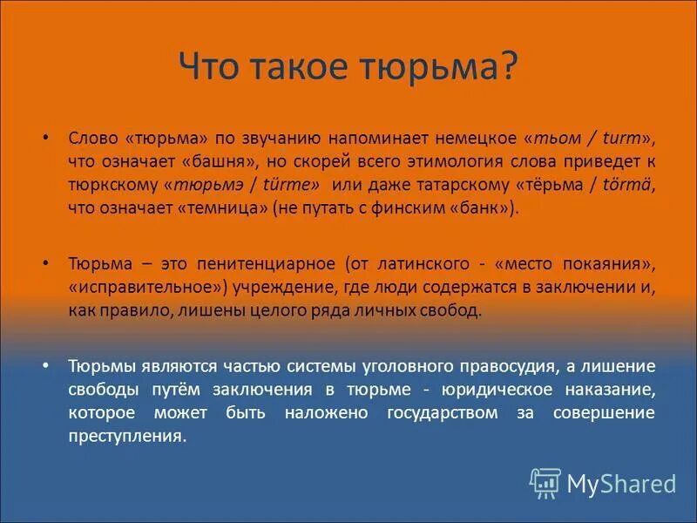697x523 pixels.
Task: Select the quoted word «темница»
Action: (x=225, y=207)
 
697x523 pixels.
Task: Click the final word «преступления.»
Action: (x=128, y=436)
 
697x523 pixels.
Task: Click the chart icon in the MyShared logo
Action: (x=545, y=482)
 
